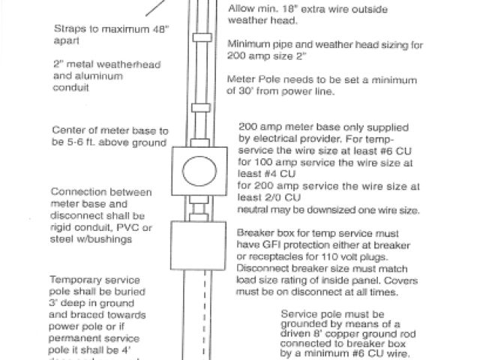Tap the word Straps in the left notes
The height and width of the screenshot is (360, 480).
68,30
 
